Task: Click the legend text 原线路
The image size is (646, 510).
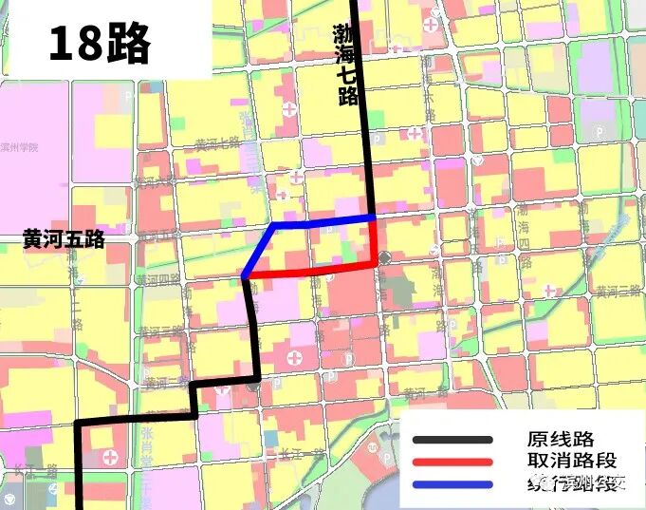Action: pyautogui.click(x=560, y=439)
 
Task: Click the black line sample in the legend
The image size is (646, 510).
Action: pyautogui.click(x=452, y=440)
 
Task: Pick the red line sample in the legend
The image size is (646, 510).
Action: pyautogui.click(x=452, y=462)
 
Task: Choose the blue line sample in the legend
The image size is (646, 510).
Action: pyautogui.click(x=452, y=483)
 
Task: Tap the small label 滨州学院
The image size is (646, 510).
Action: pyautogui.click(x=21, y=148)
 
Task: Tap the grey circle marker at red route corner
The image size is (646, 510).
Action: pyautogui.click(x=383, y=258)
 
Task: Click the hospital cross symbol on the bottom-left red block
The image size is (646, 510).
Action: pyautogui.click(x=112, y=458)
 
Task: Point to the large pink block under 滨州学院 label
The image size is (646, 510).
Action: pyautogui.click(x=33, y=190)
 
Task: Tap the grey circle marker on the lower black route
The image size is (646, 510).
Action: pyautogui.click(x=253, y=386)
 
